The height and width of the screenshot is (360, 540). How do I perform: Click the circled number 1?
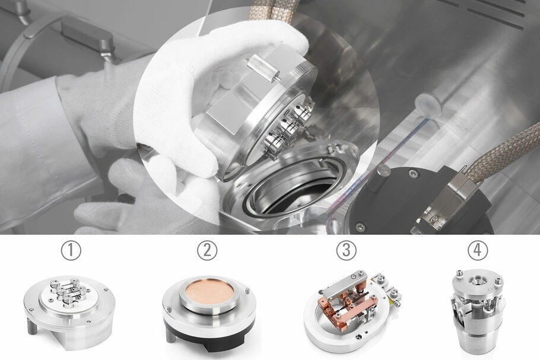click(71, 250)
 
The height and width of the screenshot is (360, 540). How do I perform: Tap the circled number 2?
click(207, 250)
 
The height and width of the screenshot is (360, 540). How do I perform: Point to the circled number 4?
click(475, 250)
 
